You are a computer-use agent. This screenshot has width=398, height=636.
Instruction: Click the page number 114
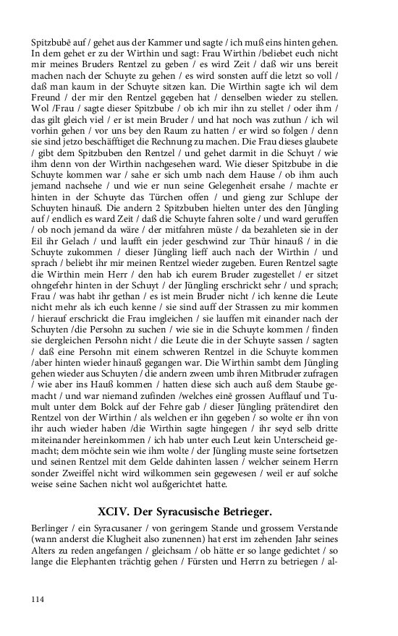point(37,599)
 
